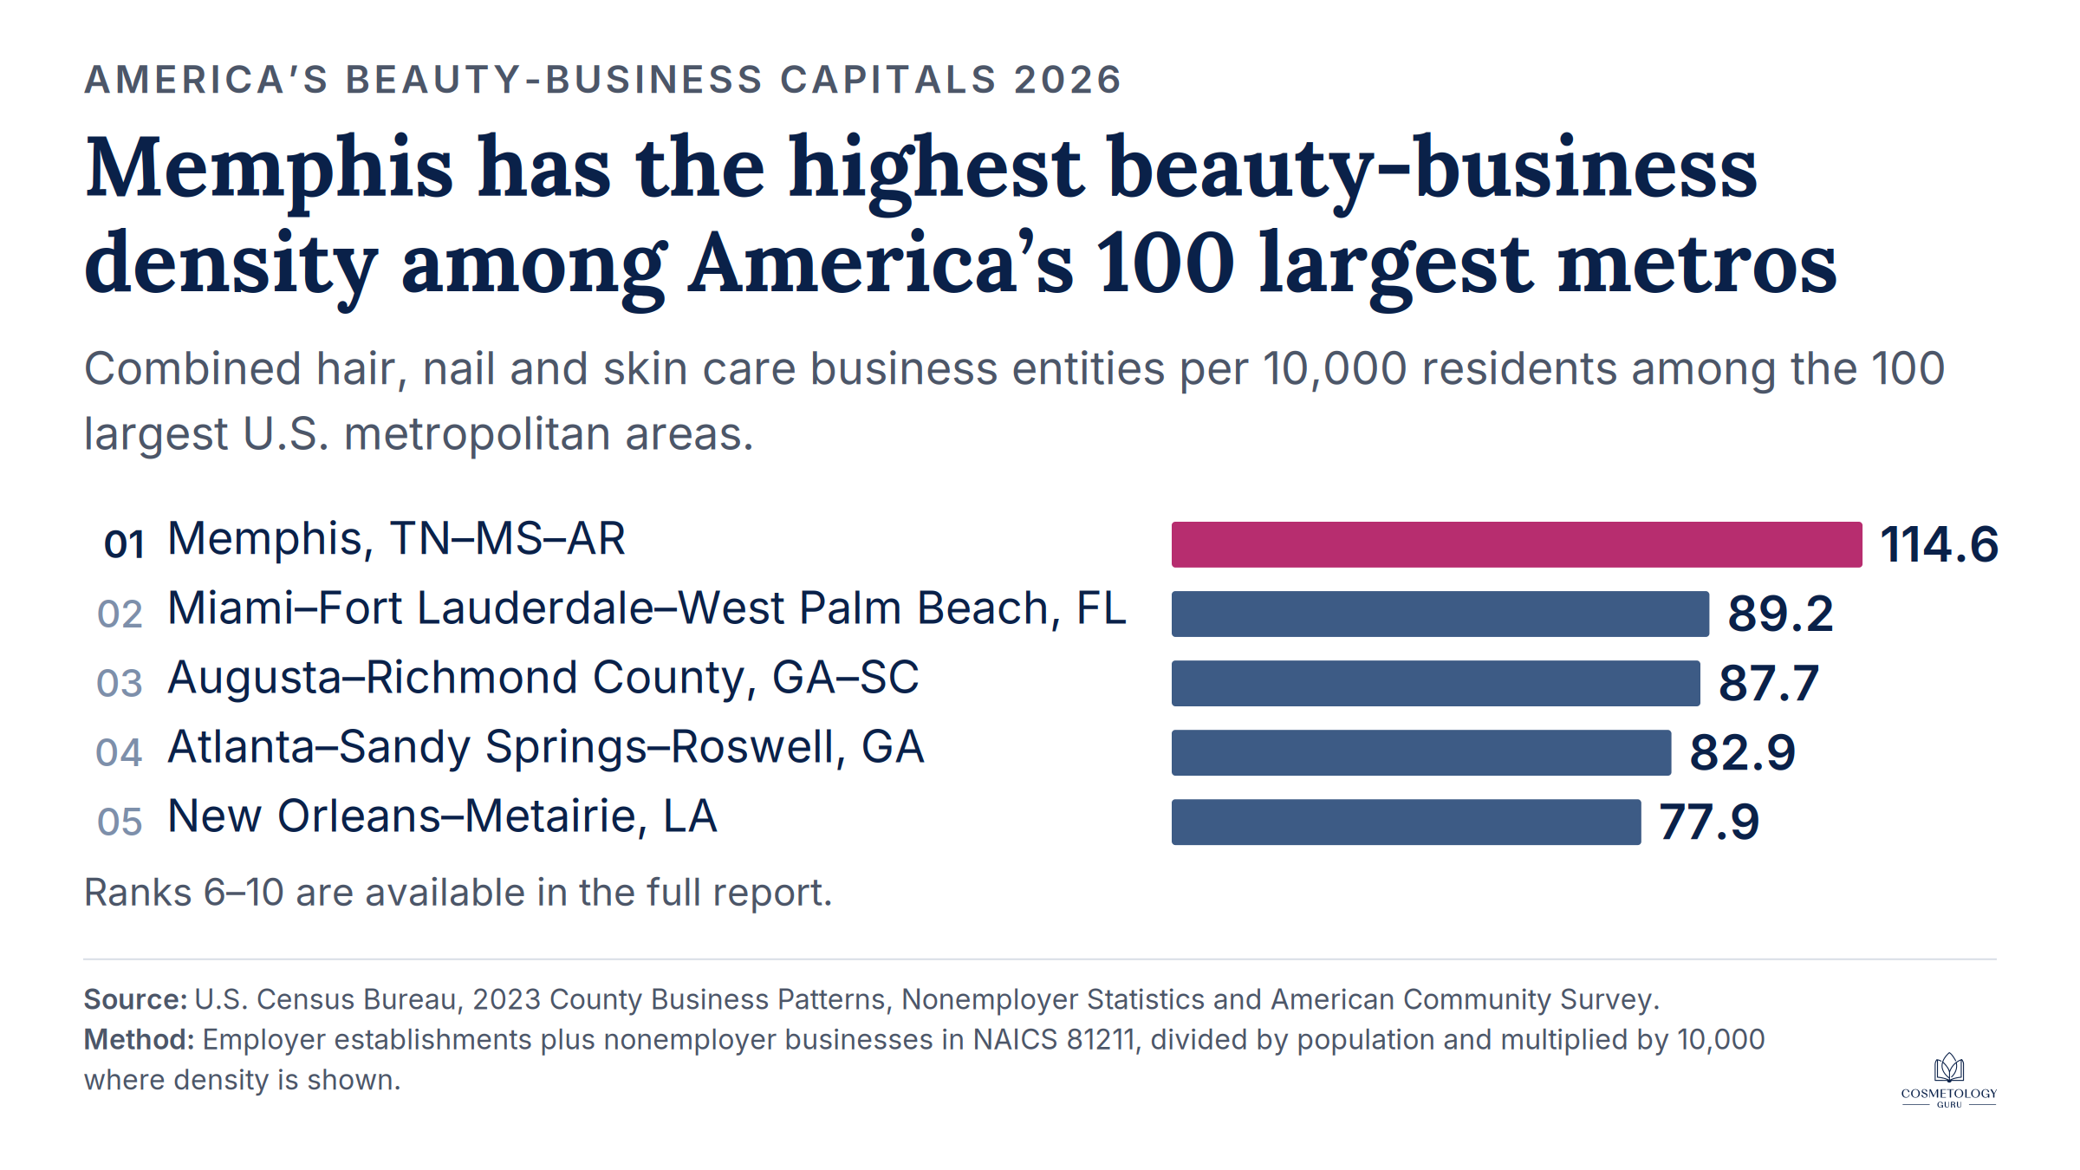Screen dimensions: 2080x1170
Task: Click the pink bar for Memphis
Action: click(1517, 544)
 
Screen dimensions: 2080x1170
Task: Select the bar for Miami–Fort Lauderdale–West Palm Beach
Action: click(1440, 614)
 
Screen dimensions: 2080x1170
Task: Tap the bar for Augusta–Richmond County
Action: click(1436, 683)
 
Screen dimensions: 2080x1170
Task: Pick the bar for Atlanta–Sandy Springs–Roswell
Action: click(1421, 752)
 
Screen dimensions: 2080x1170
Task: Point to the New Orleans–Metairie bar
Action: click(1406, 822)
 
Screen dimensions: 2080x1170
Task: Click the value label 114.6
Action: click(1940, 544)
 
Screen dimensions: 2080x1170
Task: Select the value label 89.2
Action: click(1781, 614)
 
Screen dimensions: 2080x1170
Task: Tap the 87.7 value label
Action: click(1769, 683)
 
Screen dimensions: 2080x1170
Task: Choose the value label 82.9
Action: click(1743, 752)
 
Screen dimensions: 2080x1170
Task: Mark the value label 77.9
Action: click(1709, 822)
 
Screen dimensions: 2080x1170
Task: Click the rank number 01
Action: click(124, 544)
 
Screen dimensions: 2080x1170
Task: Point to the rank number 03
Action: click(120, 683)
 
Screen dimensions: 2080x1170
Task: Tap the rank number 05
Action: click(120, 822)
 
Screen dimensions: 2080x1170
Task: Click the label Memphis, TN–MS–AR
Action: click(396, 539)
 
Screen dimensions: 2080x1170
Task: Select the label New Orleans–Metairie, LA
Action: click(442, 816)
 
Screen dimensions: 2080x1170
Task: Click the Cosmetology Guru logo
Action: click(1949, 1081)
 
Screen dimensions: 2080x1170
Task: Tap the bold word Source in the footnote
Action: click(135, 999)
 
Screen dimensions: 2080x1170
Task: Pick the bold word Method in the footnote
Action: click(139, 1039)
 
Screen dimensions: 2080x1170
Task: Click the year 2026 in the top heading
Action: click(1068, 80)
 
